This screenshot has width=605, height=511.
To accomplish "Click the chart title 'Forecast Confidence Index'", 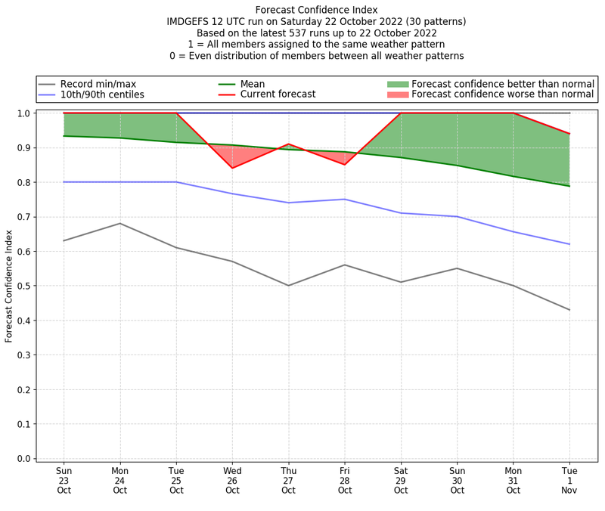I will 316,10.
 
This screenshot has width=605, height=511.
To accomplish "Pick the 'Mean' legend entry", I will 253,84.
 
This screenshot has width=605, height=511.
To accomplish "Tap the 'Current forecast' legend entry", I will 278,94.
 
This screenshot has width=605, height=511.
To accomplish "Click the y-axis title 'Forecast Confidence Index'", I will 10,286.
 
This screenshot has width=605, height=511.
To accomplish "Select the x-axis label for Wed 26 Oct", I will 232,480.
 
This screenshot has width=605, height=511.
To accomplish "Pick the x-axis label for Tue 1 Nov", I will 569,480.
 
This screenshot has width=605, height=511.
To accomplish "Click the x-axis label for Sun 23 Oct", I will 64,480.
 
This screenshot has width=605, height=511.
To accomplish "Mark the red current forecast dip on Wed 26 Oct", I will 232,168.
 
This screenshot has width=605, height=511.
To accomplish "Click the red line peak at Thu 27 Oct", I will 288,144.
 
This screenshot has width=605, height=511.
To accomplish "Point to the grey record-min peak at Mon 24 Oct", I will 119,223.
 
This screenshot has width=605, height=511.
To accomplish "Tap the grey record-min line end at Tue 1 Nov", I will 569,310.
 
